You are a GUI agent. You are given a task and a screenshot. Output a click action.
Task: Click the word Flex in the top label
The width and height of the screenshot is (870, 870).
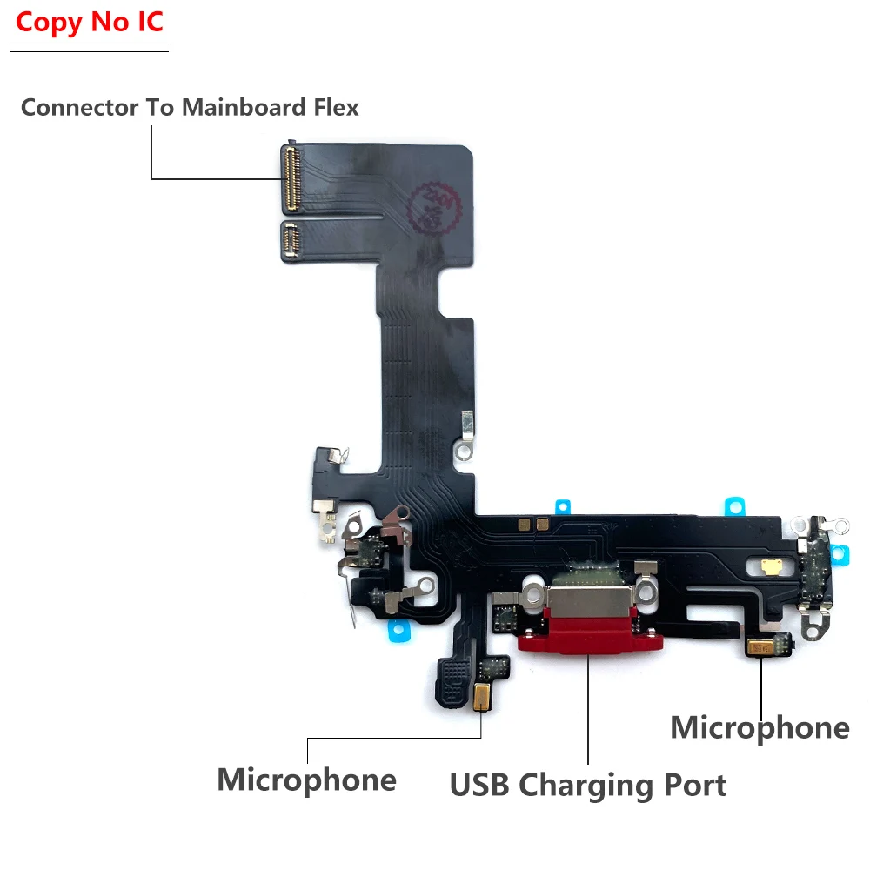[336, 108]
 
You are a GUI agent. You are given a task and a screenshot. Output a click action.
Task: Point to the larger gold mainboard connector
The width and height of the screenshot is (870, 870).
[290, 178]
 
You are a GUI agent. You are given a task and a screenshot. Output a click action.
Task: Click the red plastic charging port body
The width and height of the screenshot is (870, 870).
[590, 642]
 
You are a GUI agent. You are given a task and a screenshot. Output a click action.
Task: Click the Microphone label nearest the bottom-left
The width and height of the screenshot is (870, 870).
[306, 780]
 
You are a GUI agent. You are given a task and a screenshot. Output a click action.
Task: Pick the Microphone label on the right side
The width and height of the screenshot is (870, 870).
[760, 728]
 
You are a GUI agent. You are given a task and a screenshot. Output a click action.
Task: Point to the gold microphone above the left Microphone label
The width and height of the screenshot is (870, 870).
[482, 694]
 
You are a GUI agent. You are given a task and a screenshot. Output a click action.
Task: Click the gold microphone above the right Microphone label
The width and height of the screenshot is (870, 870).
[760, 646]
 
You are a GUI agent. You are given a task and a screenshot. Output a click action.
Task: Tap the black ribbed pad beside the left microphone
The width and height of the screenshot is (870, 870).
[453, 679]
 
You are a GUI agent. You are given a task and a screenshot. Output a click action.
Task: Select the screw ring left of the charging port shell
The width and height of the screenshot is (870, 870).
[531, 599]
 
